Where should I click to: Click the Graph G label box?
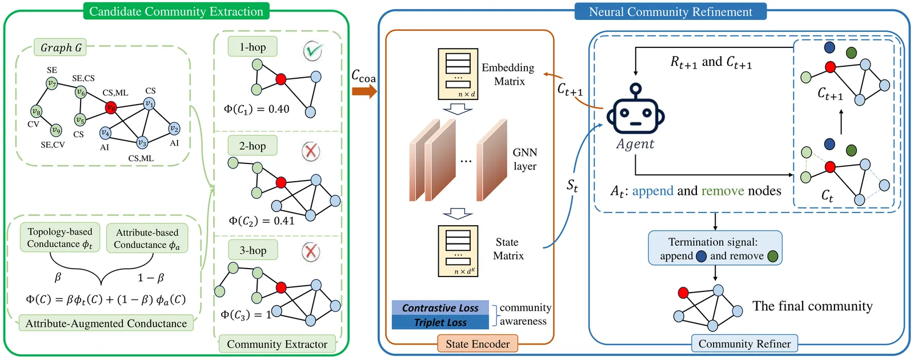[61, 47]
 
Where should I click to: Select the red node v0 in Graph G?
[111, 107]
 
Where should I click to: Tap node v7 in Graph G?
[51, 83]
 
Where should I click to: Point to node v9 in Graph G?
[55, 130]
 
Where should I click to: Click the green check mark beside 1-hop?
[312, 51]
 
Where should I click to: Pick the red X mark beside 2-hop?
[310, 151]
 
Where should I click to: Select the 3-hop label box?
[252, 250]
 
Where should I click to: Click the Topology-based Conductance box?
[59, 238]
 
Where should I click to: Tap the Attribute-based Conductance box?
[147, 238]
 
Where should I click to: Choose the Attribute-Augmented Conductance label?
[106, 323]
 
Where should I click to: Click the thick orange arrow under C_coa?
[364, 91]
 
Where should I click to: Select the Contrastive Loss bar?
[440, 308]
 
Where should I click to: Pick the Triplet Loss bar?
[440, 322]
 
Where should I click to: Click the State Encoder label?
[478, 344]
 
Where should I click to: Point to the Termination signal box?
[715, 249]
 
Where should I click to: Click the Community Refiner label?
[744, 344]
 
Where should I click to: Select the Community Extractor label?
[277, 344]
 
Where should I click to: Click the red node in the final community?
[683, 293]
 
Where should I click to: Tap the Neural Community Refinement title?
[670, 11]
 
